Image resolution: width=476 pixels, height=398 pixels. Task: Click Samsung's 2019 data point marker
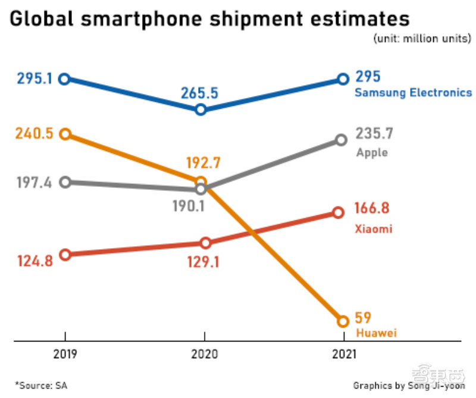point(65,79)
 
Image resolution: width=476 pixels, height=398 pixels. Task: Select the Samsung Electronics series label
point(413,93)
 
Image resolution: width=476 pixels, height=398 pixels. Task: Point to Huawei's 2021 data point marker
point(342,321)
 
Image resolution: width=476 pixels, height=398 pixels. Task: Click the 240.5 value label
point(35,134)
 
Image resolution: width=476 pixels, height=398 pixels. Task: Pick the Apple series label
point(372,152)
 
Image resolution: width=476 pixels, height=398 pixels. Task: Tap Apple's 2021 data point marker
point(341,140)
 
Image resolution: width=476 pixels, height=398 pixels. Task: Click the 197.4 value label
point(35,181)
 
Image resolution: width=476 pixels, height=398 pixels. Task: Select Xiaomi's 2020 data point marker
point(205,243)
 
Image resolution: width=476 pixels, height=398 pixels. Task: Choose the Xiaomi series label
point(373,229)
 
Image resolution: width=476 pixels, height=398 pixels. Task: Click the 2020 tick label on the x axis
point(204,355)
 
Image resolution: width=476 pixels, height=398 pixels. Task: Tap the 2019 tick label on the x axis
point(65,355)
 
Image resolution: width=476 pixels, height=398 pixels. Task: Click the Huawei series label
point(375,333)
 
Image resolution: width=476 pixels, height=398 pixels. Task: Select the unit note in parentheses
point(422,39)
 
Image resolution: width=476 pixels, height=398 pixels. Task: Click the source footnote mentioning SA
point(41,386)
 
